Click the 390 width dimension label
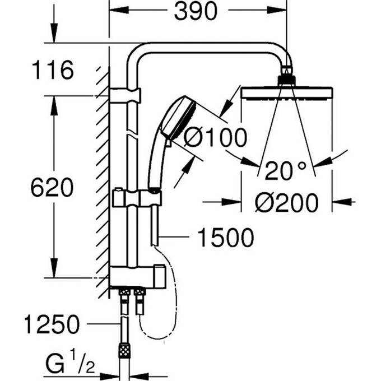(196, 11)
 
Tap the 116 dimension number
(53, 70)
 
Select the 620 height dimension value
(52, 187)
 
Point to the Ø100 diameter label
(215, 137)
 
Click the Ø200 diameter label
(286, 202)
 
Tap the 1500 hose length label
(226, 238)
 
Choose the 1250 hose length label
(52, 324)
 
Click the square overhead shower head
(287, 93)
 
